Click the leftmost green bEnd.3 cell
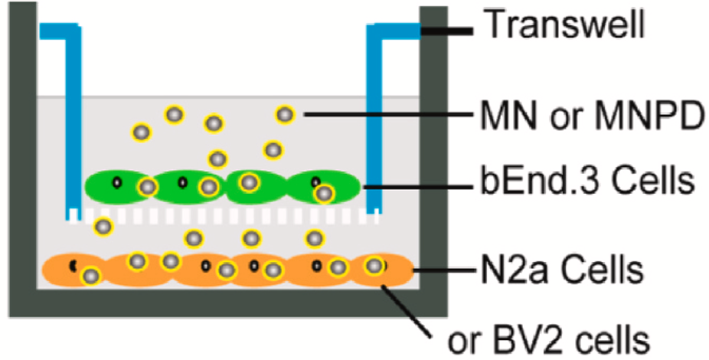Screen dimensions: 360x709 point(119,185)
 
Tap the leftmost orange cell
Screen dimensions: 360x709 point(73,270)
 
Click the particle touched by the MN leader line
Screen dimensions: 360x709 point(285,115)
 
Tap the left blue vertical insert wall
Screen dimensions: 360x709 point(74,123)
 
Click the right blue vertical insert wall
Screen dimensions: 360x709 point(374,123)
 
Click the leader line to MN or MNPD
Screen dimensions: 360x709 point(383,116)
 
